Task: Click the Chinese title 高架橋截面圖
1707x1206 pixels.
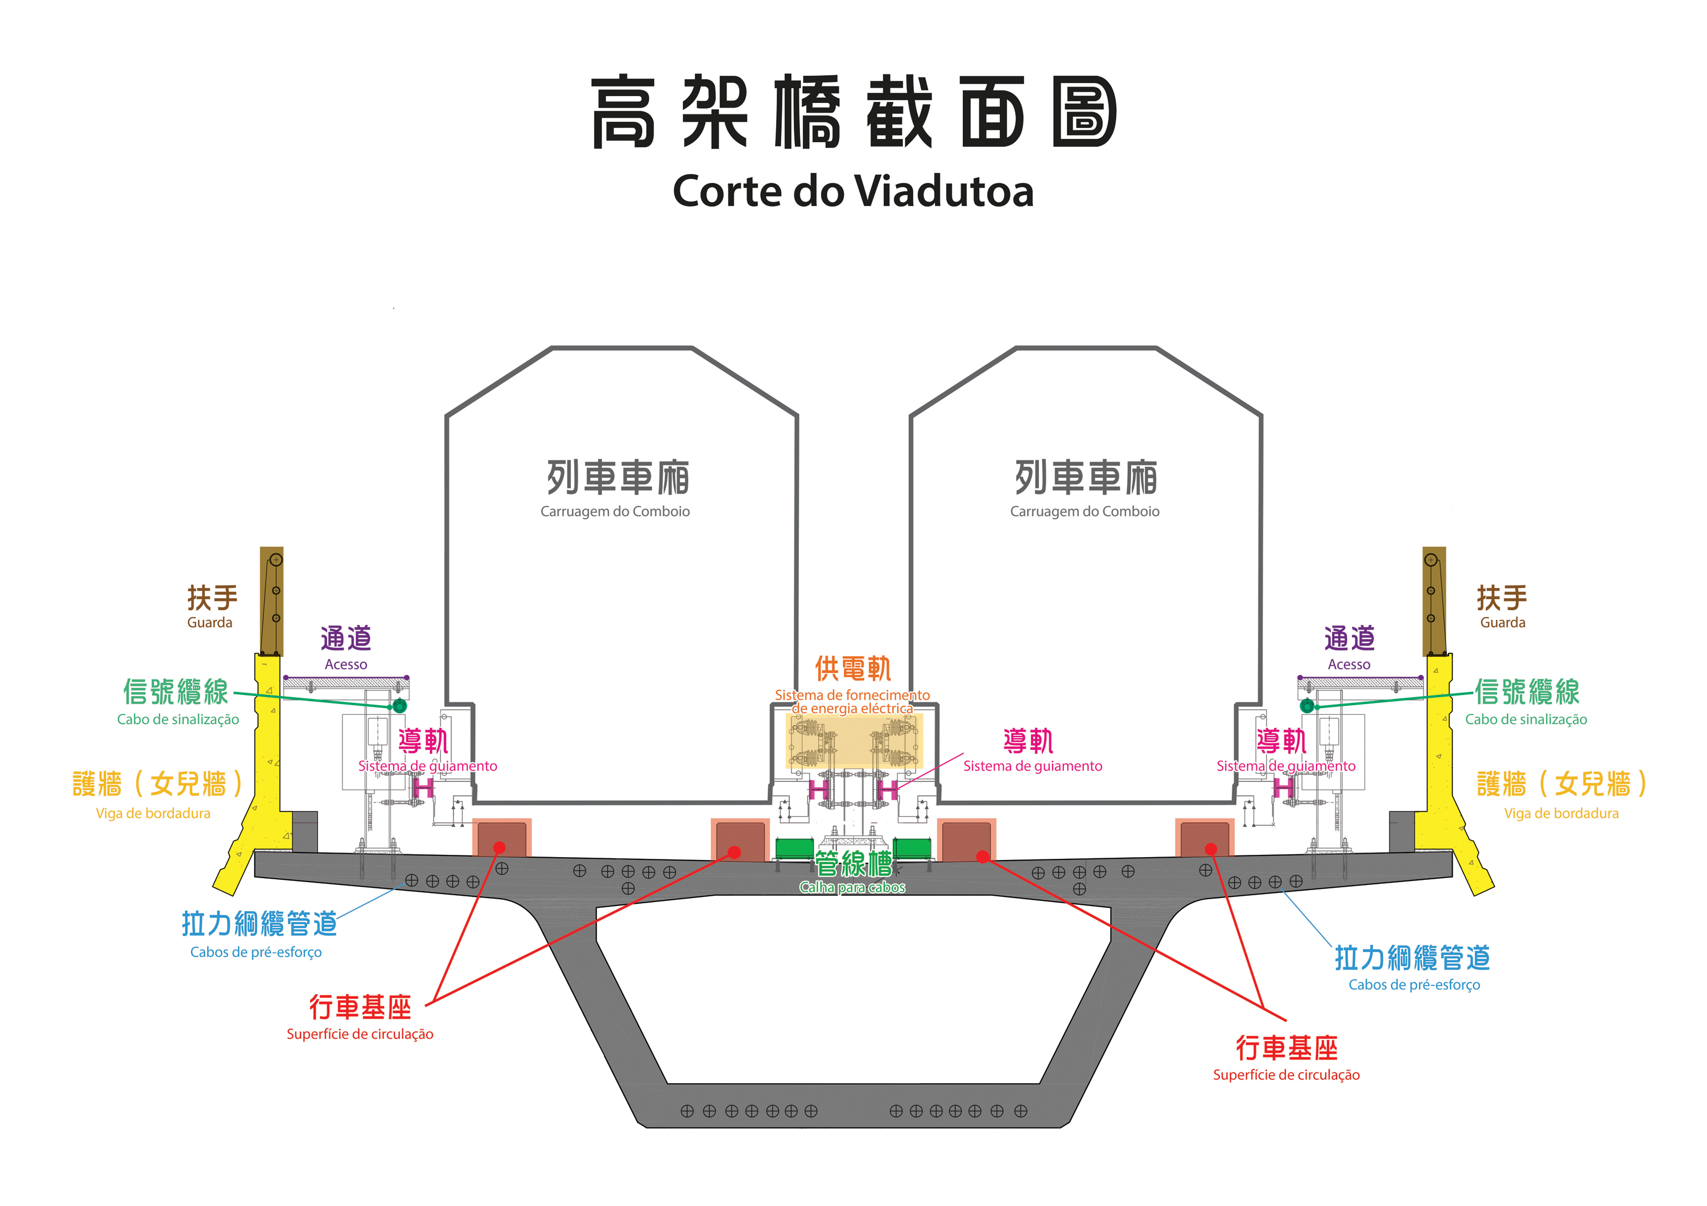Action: (x=853, y=112)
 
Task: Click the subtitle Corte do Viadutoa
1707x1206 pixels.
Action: (x=853, y=191)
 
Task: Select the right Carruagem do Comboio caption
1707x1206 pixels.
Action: (x=1084, y=512)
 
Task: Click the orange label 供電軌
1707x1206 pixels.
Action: (x=853, y=668)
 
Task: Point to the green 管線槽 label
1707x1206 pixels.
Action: (x=853, y=864)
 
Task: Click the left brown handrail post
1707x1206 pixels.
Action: (x=271, y=601)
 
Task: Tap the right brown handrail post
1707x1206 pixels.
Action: (x=1434, y=601)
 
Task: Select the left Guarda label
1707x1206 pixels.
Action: (x=209, y=622)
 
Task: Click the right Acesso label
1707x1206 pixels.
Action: (x=1349, y=664)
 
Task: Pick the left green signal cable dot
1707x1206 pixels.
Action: (x=399, y=706)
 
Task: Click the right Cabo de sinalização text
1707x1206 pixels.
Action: (x=1525, y=719)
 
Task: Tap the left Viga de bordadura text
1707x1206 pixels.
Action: (x=153, y=813)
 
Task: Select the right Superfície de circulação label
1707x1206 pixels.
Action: (x=1286, y=1075)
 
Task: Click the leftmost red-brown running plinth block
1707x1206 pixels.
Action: (x=502, y=838)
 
